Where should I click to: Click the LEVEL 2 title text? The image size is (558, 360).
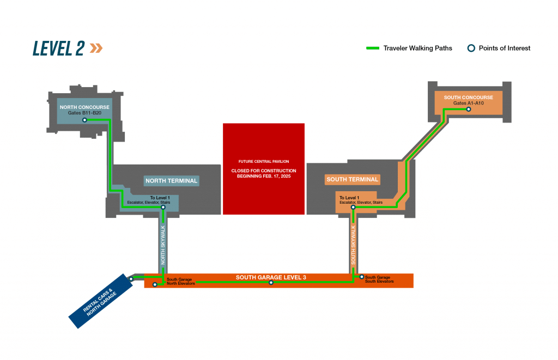point(59,48)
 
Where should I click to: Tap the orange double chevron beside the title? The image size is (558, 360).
point(96,48)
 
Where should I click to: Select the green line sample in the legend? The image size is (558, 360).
point(373,48)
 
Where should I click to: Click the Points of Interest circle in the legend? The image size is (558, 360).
point(471,48)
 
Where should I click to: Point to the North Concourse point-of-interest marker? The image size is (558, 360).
point(84,120)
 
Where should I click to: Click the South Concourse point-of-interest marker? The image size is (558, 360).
point(468,109)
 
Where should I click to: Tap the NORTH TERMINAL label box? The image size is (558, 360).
point(171,180)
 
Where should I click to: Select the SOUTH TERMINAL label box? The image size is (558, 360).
point(352,179)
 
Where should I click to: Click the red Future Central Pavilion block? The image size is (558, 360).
point(264,168)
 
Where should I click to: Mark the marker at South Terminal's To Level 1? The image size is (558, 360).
point(353,207)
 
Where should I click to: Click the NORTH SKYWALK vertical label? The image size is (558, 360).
point(163,245)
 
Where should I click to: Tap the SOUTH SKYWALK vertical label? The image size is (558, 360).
point(353,245)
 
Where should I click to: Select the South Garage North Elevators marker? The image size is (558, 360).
point(156,284)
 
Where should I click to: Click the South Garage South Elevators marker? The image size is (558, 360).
point(362,276)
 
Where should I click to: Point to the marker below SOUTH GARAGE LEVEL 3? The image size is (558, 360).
point(271,282)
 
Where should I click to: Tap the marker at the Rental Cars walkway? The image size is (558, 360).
point(131,279)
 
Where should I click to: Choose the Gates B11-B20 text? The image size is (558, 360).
point(84,113)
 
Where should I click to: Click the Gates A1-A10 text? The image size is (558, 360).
point(468,103)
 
